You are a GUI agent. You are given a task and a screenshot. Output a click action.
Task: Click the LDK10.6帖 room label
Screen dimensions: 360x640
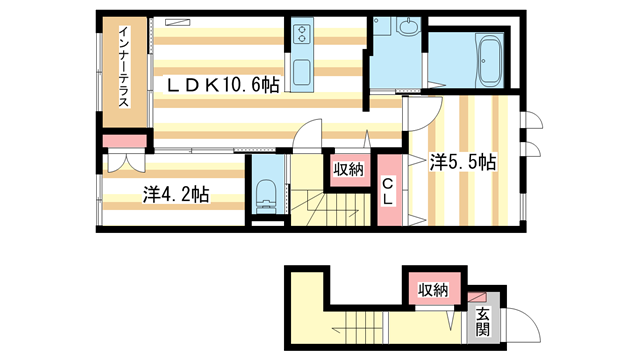tap(222, 86)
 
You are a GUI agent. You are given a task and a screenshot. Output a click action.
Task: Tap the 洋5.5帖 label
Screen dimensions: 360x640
tap(464, 160)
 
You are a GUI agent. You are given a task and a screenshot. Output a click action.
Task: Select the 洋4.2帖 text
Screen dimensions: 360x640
tap(175, 195)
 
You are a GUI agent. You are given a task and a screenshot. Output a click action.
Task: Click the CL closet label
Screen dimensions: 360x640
tap(387, 192)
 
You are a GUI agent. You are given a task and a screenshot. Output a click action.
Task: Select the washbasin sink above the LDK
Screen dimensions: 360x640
tap(409, 28)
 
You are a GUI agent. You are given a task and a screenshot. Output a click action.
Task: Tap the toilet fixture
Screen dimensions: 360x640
tap(265, 193)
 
